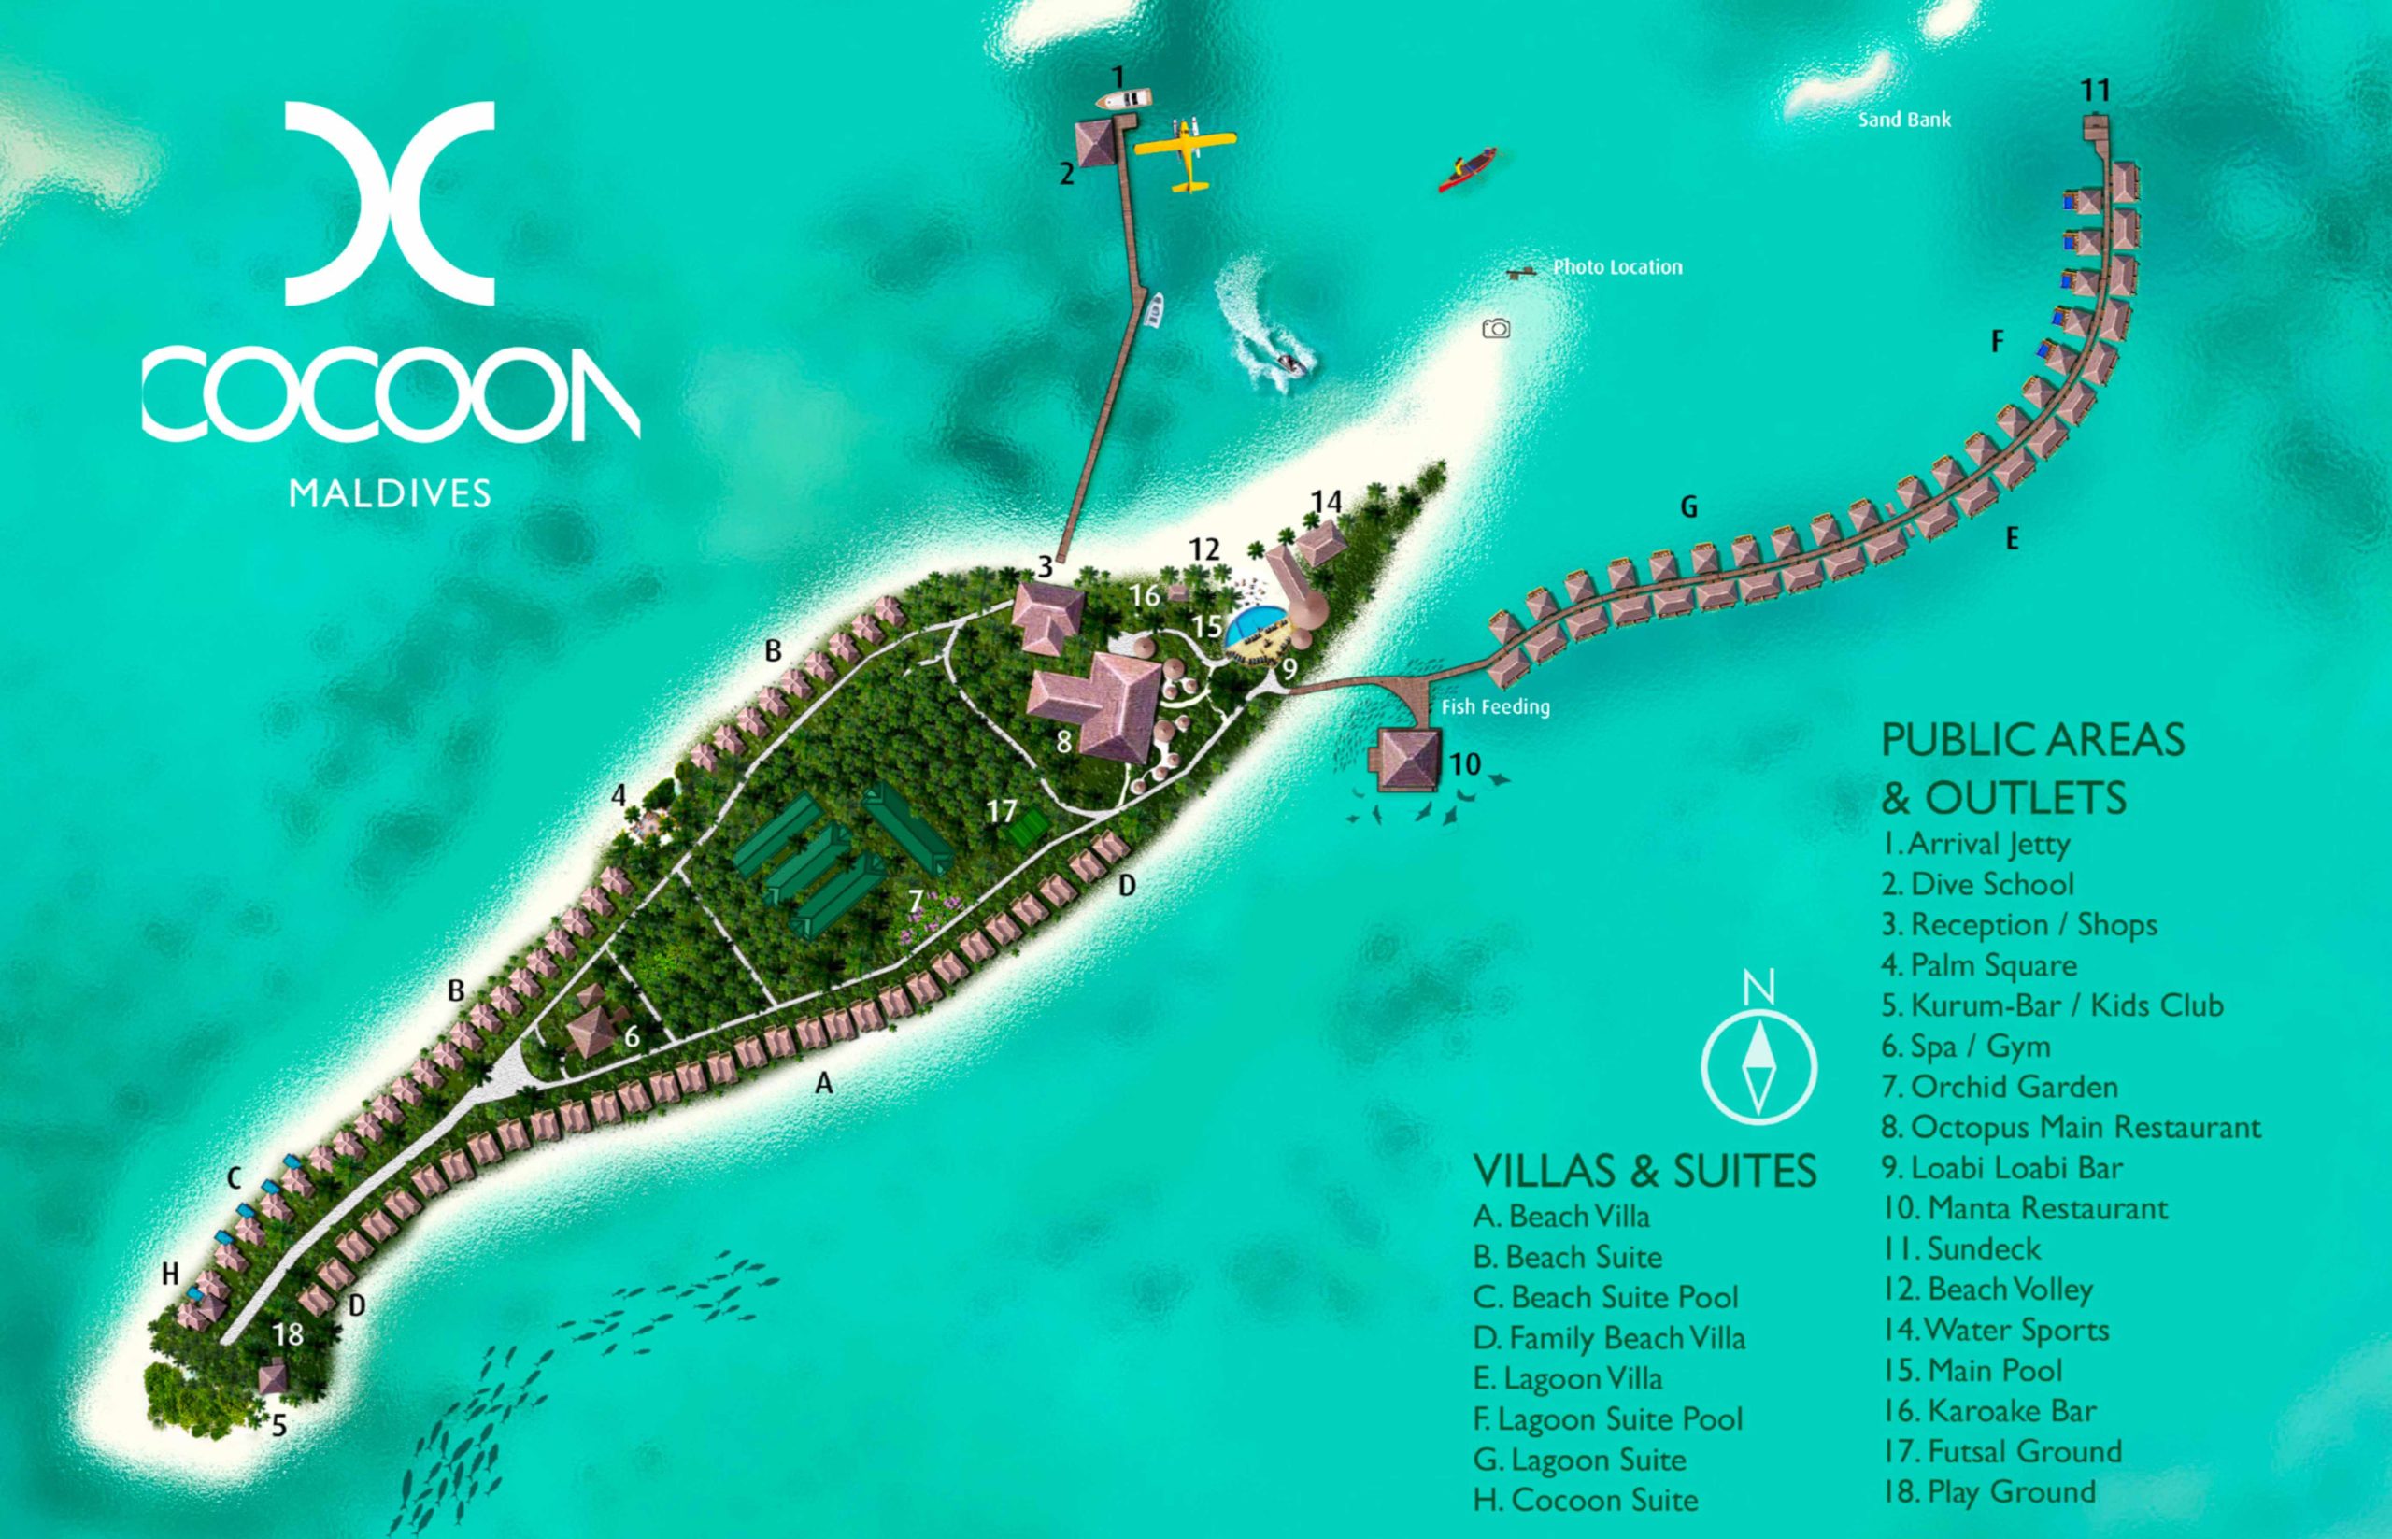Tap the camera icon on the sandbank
click(1496, 329)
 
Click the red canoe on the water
click(1468, 171)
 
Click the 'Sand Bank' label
click(1904, 120)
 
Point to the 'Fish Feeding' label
click(1495, 707)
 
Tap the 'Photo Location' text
click(1616, 268)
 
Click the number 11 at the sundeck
click(2095, 92)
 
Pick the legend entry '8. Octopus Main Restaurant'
click(2071, 1127)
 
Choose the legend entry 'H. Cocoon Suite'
click(1585, 1500)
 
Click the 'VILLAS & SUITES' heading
click(1644, 1171)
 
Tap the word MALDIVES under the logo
click(390, 493)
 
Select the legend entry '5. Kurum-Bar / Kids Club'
click(2052, 1005)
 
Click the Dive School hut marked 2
click(1096, 144)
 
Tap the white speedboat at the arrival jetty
click(1124, 99)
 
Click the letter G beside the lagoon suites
click(1688, 507)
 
